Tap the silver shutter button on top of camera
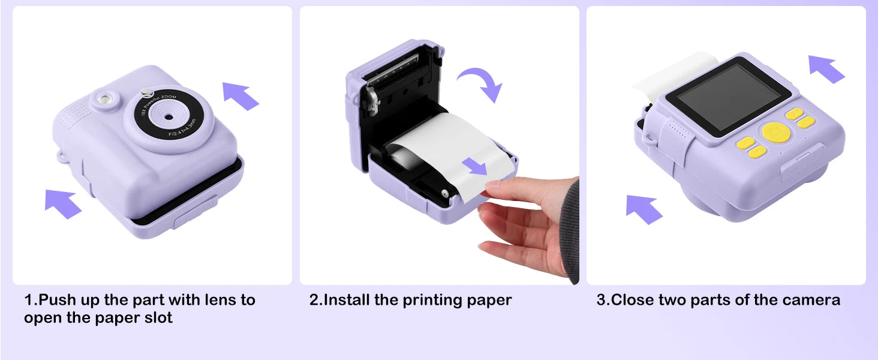pos(145,92)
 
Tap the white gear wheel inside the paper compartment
pos(444,194)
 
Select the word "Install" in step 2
pos(347,299)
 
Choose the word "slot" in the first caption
pos(156,318)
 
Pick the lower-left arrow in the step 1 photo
pos(63,203)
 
